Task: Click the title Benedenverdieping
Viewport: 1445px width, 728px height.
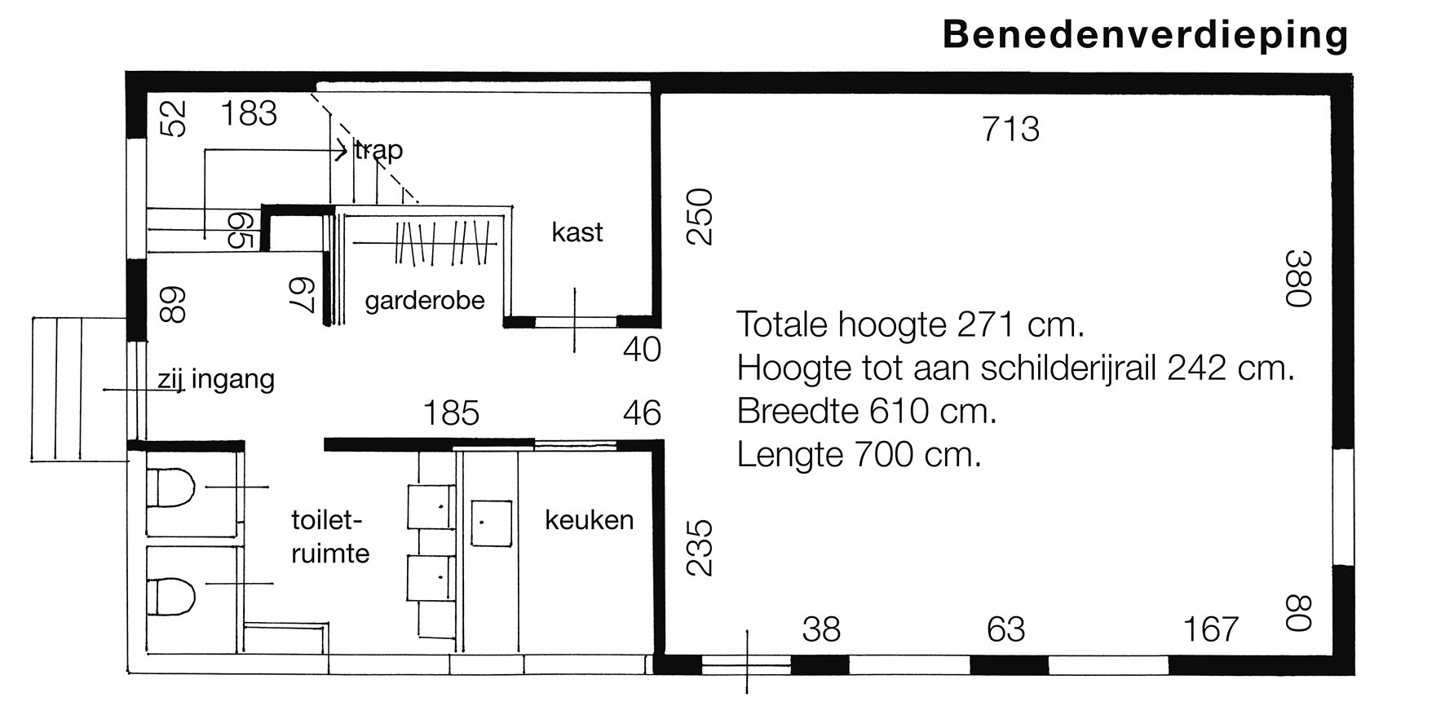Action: click(x=1145, y=37)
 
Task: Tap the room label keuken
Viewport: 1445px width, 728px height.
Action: click(x=589, y=520)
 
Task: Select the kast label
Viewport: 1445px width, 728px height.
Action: click(x=577, y=232)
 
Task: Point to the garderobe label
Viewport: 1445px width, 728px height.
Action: click(x=425, y=301)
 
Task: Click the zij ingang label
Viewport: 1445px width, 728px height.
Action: click(x=216, y=380)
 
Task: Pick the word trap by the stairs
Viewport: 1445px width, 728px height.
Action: click(x=379, y=151)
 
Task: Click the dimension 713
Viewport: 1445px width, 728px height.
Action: click(x=1011, y=130)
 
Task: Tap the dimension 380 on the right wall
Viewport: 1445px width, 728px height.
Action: click(x=1297, y=278)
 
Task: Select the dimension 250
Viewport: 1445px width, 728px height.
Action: click(x=700, y=217)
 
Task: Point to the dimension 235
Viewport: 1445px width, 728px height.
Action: click(x=700, y=548)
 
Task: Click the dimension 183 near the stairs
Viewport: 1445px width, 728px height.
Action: click(x=249, y=113)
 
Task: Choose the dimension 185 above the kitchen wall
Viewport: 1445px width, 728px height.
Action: click(x=451, y=413)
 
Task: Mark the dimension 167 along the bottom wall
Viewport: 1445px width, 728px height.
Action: click(x=1211, y=629)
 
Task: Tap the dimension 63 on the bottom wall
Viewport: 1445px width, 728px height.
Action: click(x=1005, y=629)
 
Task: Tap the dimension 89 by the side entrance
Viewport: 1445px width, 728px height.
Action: click(x=173, y=305)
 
